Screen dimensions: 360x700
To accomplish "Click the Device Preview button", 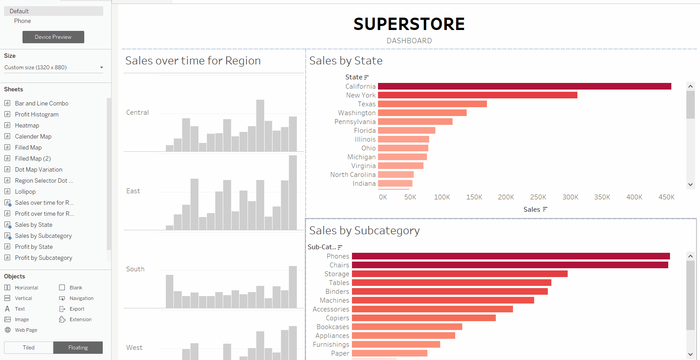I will coord(53,37).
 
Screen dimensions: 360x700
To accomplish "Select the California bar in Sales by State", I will coord(524,86).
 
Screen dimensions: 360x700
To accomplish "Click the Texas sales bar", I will coord(432,104).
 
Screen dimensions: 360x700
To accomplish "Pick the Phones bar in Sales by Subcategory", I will coord(510,256).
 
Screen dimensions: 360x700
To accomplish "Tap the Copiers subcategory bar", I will coord(423,318).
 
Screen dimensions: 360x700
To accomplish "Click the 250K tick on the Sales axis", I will coord(538,197).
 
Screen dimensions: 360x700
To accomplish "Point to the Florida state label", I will coord(365,131).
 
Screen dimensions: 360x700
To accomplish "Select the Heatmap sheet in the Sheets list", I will coord(27,125).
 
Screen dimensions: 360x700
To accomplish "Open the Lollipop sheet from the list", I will coord(25,191).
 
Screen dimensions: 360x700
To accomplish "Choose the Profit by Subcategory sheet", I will coord(43,258).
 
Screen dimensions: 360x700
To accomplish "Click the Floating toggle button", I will coord(78,348).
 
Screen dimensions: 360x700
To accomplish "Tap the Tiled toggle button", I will coord(29,348).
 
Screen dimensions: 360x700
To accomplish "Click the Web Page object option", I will coord(26,330).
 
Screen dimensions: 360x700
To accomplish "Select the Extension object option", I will coord(80,319).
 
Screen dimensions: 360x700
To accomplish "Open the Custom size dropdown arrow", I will coord(101,67).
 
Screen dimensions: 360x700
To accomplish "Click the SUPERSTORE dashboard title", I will coord(409,24).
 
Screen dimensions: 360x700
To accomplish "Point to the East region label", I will coord(133,191).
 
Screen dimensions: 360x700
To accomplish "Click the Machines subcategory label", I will coord(334,300).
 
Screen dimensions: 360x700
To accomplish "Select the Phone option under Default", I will coord(22,21).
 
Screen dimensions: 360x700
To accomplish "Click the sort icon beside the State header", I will coord(367,78).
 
